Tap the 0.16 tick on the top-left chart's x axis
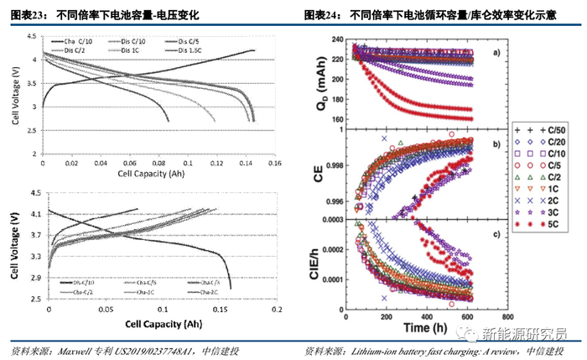(273, 164)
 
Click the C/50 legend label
(556, 132)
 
